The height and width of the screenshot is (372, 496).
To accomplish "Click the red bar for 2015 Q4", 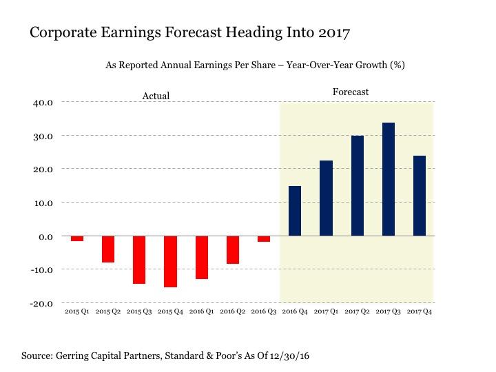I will click(170, 261).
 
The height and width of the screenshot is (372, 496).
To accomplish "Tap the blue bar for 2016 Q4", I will click(294, 211).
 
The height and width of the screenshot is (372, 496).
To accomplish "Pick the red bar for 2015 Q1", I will click(76, 238).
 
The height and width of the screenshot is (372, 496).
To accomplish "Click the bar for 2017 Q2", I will click(357, 186).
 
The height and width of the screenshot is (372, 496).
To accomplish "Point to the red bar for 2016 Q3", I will click(263, 238).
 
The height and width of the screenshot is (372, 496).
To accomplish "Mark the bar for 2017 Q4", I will click(419, 196).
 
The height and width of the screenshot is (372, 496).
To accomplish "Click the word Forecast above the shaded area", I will click(351, 92).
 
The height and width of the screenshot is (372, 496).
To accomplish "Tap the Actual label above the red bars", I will click(156, 96).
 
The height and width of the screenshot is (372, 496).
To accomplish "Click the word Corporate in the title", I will click(59, 32).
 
